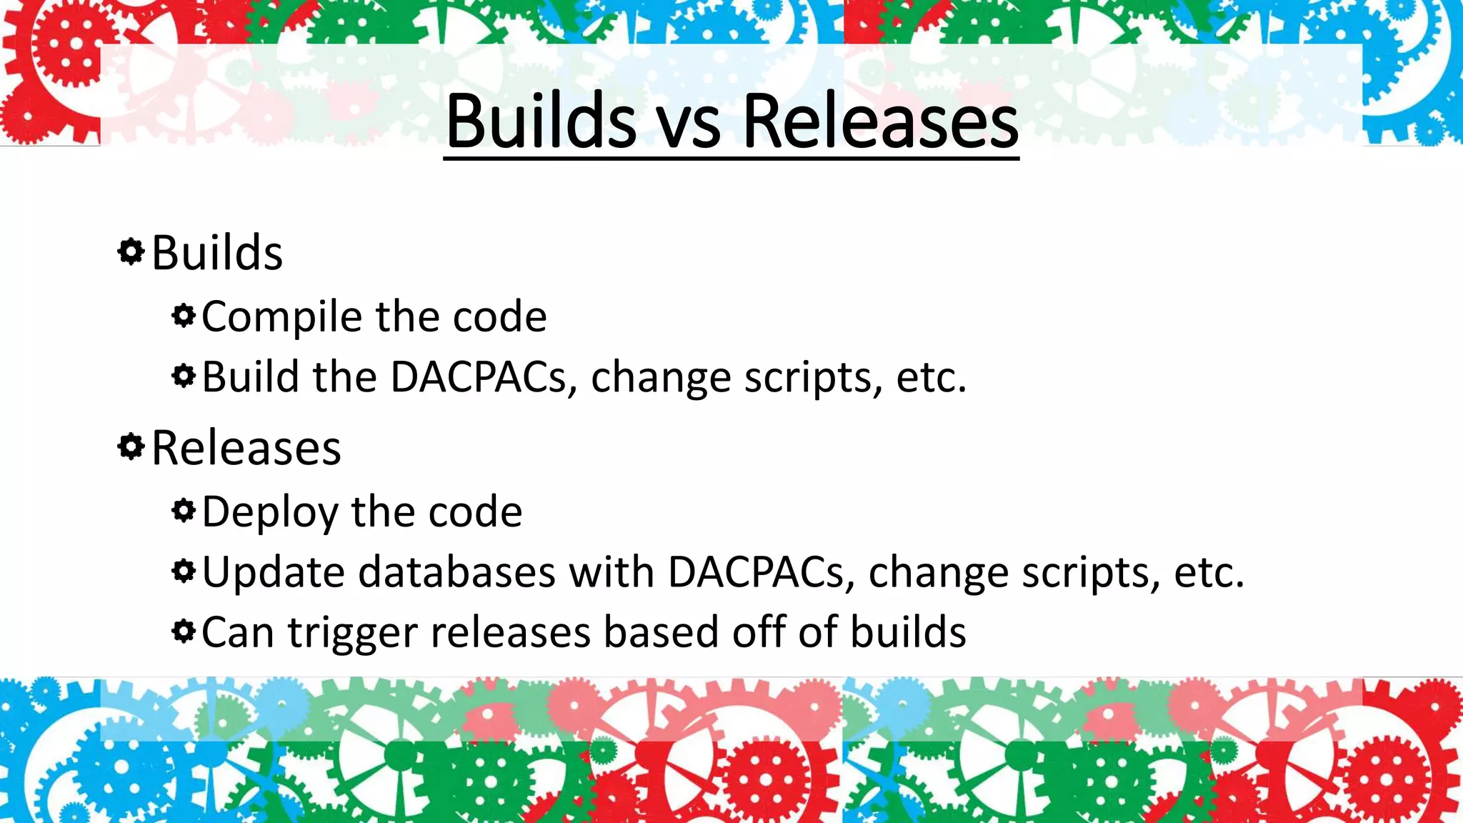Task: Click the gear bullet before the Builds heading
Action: pyautogui.click(x=131, y=251)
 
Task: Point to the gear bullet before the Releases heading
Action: pyautogui.click(x=131, y=447)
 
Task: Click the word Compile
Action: pyautogui.click(x=282, y=317)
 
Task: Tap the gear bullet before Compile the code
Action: pyautogui.click(x=184, y=315)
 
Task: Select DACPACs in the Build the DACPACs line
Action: pyautogui.click(x=479, y=377)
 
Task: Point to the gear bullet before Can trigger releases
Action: pyautogui.click(x=184, y=632)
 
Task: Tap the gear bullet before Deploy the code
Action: pyautogui.click(x=184, y=510)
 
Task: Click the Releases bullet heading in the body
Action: pyautogui.click(x=246, y=449)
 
